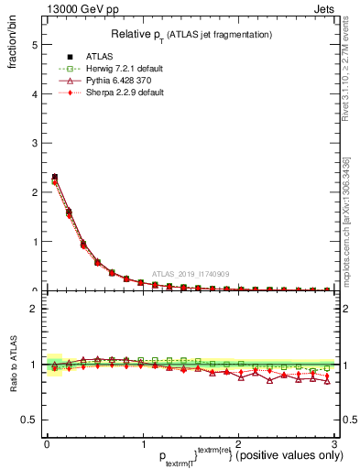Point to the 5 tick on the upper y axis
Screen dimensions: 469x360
32,45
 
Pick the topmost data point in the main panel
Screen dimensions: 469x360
54,177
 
